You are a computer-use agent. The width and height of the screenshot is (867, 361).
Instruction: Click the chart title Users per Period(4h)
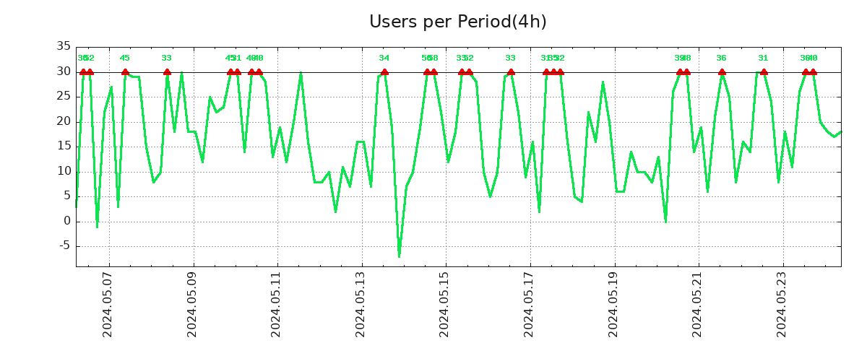point(457,22)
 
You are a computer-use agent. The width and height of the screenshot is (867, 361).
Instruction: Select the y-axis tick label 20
point(64,121)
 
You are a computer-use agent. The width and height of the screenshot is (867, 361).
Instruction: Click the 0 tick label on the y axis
point(66,222)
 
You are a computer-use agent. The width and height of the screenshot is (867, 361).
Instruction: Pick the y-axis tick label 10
point(64,171)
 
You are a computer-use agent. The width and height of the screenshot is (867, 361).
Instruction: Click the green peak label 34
point(384,58)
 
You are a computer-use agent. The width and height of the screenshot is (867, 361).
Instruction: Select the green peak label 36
point(722,58)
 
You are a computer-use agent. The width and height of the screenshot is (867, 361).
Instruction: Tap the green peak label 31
point(764,58)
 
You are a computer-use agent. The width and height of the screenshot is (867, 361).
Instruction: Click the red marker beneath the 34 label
point(384,71)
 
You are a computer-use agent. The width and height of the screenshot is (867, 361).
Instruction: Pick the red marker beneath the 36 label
point(722,71)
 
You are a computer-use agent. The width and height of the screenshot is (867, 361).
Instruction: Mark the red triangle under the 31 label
point(764,71)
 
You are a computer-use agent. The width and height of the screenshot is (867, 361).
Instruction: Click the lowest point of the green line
point(399,256)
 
